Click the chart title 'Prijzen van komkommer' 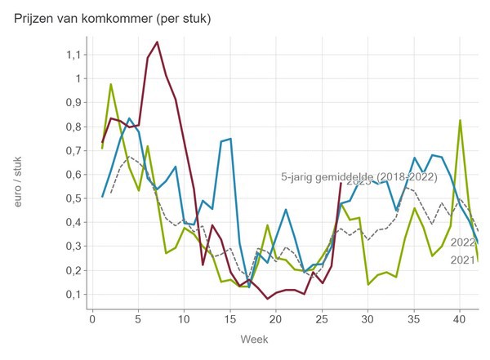(x=113, y=18)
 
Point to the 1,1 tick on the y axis (x=73, y=55)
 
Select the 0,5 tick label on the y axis (x=73, y=198)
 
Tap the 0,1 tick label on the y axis (x=73, y=294)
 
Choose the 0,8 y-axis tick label (x=73, y=127)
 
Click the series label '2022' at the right (x=463, y=242)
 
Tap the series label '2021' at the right (x=463, y=260)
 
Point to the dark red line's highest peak (x=157, y=42)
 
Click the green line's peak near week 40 (x=461, y=121)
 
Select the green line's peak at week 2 (x=111, y=84)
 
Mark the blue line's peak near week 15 (x=230, y=139)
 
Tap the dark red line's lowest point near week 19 (x=267, y=299)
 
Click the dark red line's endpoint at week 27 (x=341, y=183)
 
